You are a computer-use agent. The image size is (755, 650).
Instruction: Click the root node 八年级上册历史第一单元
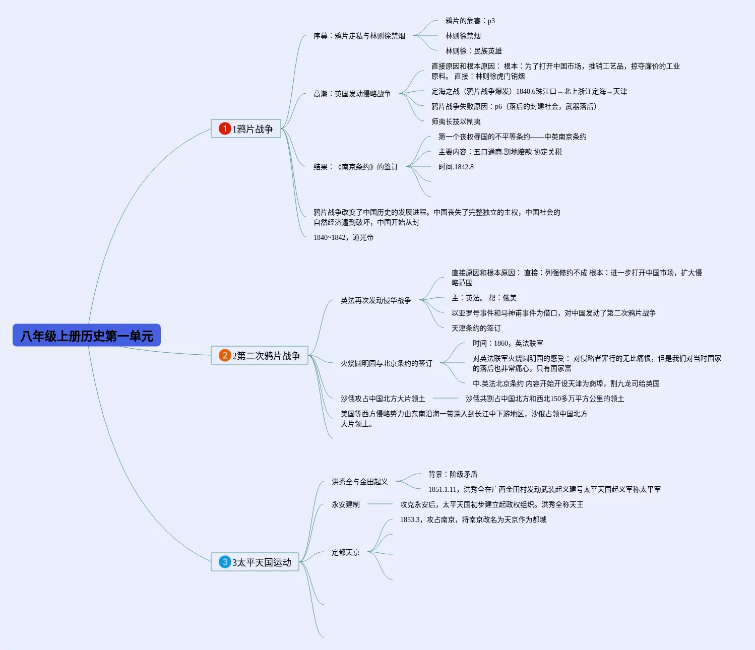(x=87, y=335)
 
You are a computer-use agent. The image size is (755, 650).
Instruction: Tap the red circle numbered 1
(x=225, y=128)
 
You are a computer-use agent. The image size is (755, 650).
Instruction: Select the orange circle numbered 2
(x=225, y=355)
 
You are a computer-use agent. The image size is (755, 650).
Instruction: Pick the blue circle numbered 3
(x=225, y=562)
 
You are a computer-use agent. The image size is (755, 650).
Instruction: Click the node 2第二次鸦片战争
(x=260, y=355)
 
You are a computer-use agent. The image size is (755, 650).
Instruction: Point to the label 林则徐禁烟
(x=463, y=36)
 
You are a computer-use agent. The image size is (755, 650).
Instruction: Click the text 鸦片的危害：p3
(x=470, y=21)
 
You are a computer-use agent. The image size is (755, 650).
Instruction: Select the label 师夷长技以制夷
(x=456, y=121)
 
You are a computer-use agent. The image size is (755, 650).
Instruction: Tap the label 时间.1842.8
(x=456, y=167)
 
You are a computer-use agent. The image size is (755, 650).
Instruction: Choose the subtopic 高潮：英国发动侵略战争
(x=352, y=94)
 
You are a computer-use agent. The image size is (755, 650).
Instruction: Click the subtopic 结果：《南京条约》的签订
(x=356, y=167)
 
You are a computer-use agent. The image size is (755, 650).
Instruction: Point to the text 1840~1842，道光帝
(x=343, y=237)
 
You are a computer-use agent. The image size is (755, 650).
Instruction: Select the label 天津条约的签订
(x=476, y=329)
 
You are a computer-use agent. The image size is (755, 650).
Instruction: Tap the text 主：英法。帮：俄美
(x=484, y=298)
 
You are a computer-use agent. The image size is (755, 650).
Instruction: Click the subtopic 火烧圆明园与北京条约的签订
(x=387, y=363)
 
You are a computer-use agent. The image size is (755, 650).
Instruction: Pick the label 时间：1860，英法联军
(x=508, y=343)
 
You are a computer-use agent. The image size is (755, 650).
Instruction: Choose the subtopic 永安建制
(x=346, y=505)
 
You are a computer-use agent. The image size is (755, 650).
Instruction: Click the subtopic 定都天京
(x=346, y=552)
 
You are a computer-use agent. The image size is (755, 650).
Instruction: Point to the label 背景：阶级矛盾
(x=453, y=474)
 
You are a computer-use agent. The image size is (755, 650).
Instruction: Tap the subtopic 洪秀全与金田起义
(x=360, y=482)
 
